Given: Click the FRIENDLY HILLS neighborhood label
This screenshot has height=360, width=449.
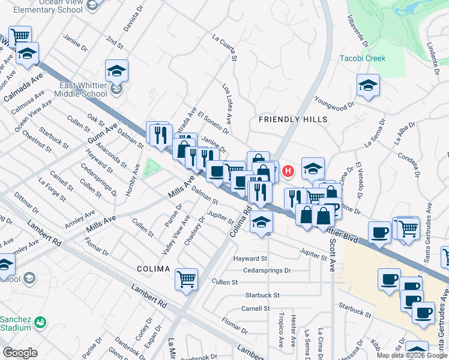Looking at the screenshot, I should [293, 119].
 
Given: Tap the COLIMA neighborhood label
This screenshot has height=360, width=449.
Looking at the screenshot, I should [153, 269].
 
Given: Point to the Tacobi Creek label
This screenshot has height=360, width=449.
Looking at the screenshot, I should [363, 58].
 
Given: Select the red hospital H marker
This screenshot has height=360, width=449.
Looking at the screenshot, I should [288, 171].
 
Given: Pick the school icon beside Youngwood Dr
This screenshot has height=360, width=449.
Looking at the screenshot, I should [368, 86].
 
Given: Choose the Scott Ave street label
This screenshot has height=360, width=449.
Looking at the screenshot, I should [332, 253].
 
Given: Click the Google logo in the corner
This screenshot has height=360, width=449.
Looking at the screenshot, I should [20, 353].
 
